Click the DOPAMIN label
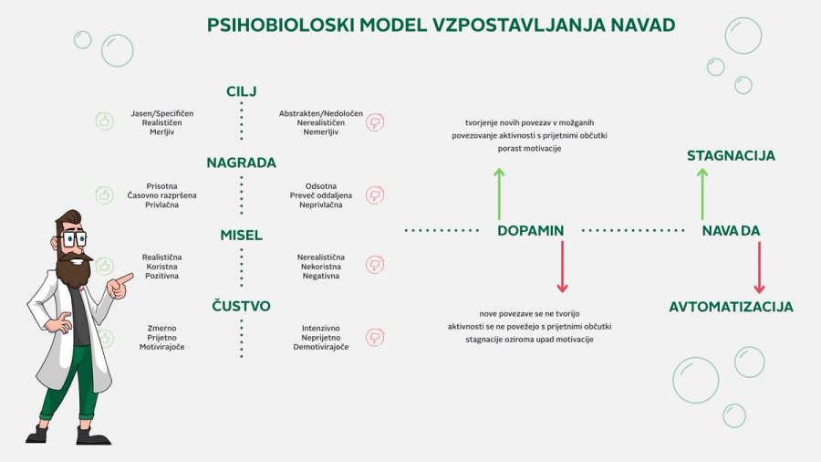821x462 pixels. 530,231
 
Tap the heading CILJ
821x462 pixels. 242,91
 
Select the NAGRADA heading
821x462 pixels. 241,163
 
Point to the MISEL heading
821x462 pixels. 242,235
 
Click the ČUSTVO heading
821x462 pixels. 242,306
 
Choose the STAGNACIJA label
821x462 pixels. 731,156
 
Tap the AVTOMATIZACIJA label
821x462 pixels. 731,307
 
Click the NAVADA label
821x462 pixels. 731,231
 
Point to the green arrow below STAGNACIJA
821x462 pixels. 701,193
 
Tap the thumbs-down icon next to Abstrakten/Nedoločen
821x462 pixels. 373,121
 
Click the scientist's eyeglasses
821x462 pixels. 71,239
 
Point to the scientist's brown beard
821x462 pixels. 73,268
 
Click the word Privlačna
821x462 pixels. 162,205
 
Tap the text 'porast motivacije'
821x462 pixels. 529,148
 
